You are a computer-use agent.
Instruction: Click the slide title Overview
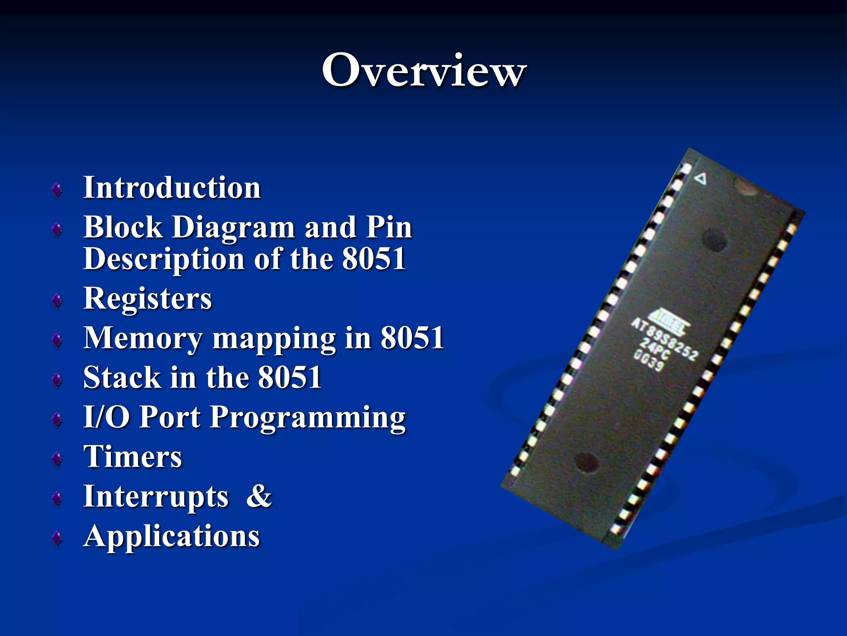423,70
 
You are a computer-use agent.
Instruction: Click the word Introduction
172,188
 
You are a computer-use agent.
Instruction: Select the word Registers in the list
148,299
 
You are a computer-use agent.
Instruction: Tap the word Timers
133,457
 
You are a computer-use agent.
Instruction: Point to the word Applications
172,536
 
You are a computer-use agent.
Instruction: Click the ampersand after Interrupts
259,496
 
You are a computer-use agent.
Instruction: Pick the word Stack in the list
122,378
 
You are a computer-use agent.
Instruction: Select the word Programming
308,417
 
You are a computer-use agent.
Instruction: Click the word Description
164,259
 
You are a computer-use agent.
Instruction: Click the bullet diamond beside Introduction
57,190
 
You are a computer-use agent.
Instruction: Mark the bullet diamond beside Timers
57,459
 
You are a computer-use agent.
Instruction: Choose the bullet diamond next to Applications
57,538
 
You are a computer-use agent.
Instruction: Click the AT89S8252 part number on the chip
665,340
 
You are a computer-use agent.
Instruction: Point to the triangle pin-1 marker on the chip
701,179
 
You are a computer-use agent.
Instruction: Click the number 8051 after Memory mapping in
412,338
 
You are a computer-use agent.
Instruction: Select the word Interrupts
156,496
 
